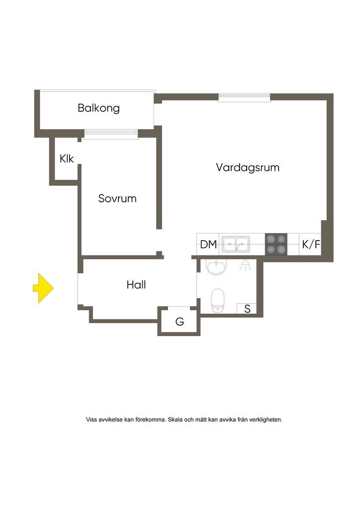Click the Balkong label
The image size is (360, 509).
tap(98, 108)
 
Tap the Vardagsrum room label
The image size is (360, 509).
tap(248, 168)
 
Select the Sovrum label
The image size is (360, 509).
tap(117, 198)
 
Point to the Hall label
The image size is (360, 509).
tap(136, 285)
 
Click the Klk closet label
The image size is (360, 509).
tap(67, 159)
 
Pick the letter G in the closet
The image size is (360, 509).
tap(180, 322)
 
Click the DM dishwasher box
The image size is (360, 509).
tap(208, 244)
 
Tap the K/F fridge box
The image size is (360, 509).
tap(310, 244)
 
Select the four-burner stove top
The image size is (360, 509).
tap(276, 244)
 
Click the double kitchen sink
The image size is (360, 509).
tap(236, 244)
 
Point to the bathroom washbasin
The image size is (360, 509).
tap(216, 267)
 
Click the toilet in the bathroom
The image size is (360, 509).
tap(218, 301)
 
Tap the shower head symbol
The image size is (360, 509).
tap(245, 264)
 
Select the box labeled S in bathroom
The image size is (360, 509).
tap(247, 308)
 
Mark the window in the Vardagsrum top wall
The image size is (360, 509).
tap(244, 97)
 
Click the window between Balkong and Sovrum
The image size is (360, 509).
tap(111, 134)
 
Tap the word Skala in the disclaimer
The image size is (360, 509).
tap(175, 420)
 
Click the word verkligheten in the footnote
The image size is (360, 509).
tap(266, 420)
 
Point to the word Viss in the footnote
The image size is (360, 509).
tap(91, 420)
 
